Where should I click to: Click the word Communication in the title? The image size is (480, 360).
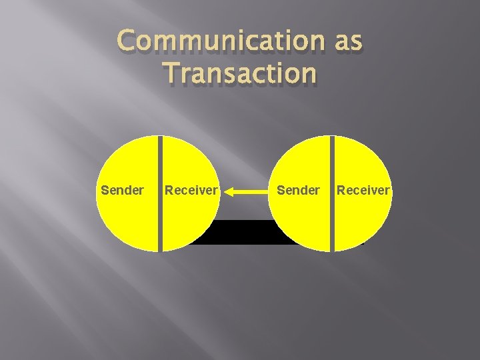[220, 42]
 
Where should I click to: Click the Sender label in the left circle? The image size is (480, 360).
[122, 191]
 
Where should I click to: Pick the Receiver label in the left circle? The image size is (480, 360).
[191, 191]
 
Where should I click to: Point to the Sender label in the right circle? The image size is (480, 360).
[298, 191]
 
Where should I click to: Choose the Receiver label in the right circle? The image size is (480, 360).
[363, 191]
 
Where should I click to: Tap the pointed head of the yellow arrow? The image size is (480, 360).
[227, 192]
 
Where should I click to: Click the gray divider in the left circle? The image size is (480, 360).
[160, 193]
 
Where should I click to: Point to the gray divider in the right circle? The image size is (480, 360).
[331, 193]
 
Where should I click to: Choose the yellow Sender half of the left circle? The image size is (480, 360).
[127, 220]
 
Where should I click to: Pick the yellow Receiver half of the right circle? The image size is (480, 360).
[360, 220]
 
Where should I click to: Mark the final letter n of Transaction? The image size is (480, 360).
[308, 73]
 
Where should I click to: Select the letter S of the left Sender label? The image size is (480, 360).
[105, 191]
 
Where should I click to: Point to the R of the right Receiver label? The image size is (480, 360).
[341, 191]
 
